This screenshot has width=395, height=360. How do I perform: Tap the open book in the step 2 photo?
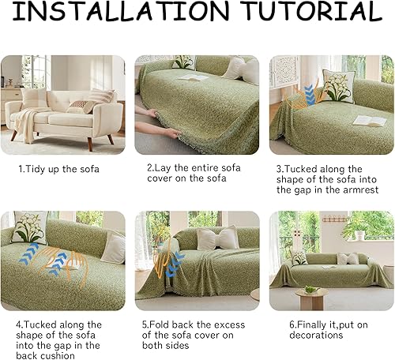(x=192, y=77)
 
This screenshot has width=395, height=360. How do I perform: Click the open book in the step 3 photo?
(x=368, y=120)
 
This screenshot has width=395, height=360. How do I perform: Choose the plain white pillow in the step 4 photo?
(x=113, y=248)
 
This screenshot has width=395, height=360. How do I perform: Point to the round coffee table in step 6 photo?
(x=310, y=297)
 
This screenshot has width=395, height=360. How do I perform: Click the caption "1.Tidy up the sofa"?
(x=59, y=169)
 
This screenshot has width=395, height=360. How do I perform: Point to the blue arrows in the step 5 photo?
(x=174, y=263)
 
